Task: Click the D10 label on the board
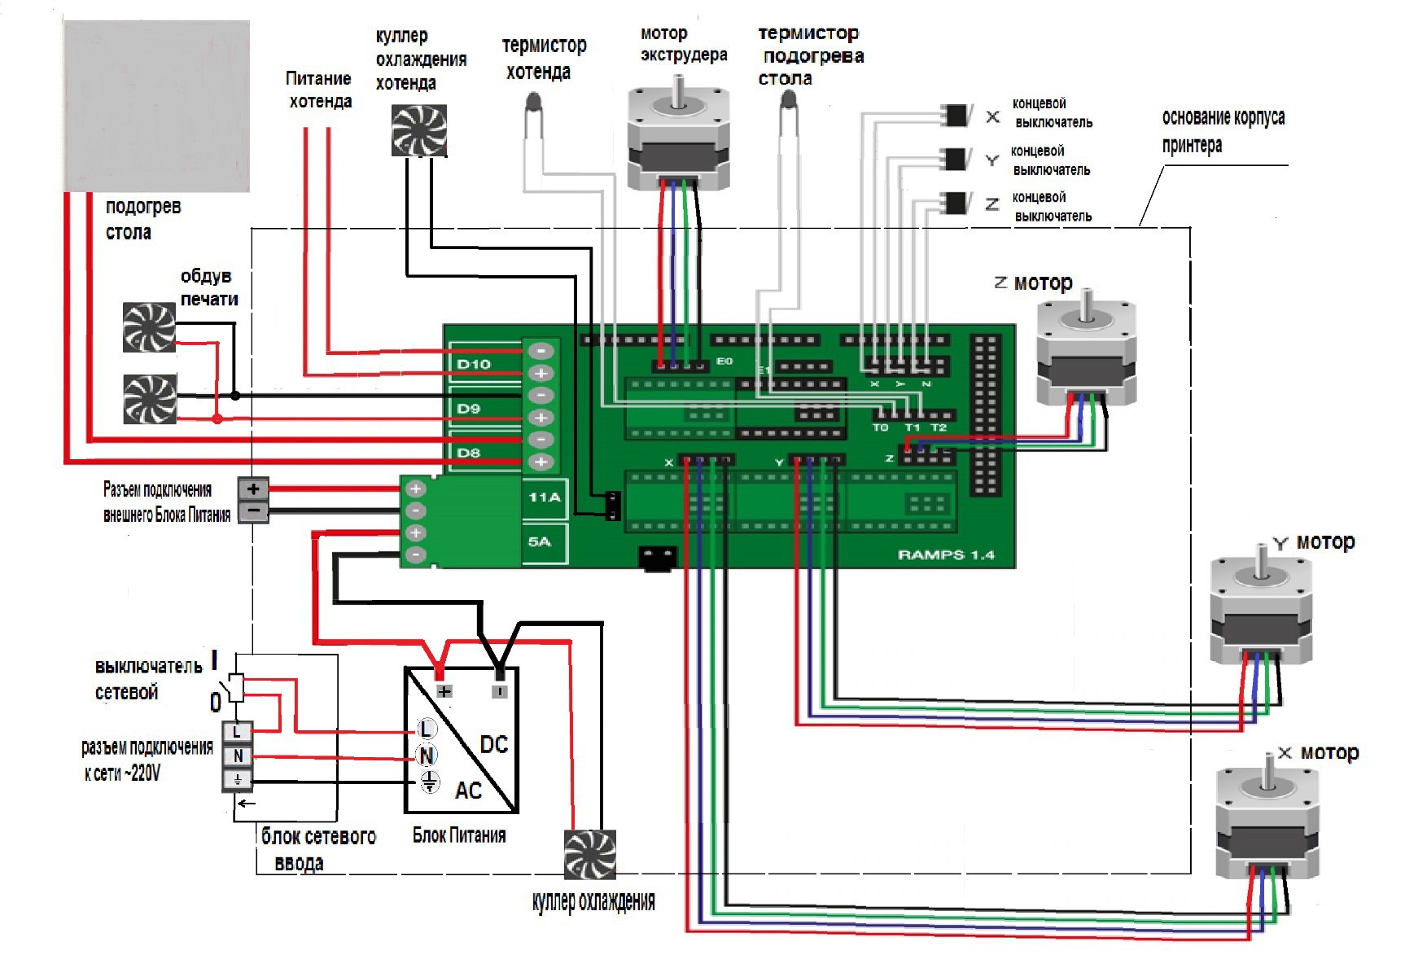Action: (x=474, y=364)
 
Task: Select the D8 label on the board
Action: (x=468, y=453)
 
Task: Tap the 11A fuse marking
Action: (x=545, y=497)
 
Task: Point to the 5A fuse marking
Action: (x=540, y=541)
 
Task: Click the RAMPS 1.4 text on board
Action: (x=946, y=554)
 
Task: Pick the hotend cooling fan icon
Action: (x=419, y=130)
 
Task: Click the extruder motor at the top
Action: (x=678, y=134)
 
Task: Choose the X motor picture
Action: (x=1267, y=822)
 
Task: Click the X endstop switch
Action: (x=956, y=115)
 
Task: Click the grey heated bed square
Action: (x=156, y=106)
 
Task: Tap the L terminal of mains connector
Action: (x=238, y=731)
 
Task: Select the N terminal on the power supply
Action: (x=426, y=756)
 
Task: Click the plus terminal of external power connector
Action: (x=253, y=488)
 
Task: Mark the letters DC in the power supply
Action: (x=493, y=744)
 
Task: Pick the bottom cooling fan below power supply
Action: (x=590, y=855)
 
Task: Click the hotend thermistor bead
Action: (x=534, y=102)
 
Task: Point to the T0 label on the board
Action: (x=881, y=427)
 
